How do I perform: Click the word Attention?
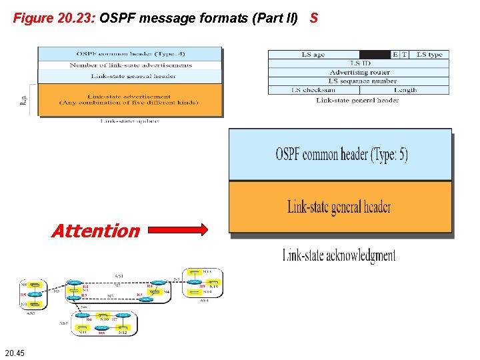pos(95,231)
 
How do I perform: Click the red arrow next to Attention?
pos(178,231)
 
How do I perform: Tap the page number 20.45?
pos(14,353)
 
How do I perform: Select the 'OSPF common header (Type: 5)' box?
pos(340,155)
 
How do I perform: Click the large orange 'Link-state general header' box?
pos(340,207)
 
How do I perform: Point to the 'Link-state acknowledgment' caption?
pos(339,255)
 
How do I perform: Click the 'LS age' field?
pos(313,55)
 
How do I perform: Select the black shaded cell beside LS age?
pos(374,55)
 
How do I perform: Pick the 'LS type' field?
pos(429,55)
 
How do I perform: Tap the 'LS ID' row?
pos(359,63)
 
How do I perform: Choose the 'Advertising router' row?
pos(359,72)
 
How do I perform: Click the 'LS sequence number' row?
pos(359,81)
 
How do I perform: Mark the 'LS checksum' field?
pos(313,89)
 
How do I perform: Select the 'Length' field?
pos(405,89)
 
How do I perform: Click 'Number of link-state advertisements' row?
pos(130,65)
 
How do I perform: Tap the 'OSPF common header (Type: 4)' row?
pos(130,53)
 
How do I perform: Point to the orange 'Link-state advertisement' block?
pos(130,99)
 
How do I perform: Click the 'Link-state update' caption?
pos(129,121)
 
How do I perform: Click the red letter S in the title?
pos(314,18)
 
